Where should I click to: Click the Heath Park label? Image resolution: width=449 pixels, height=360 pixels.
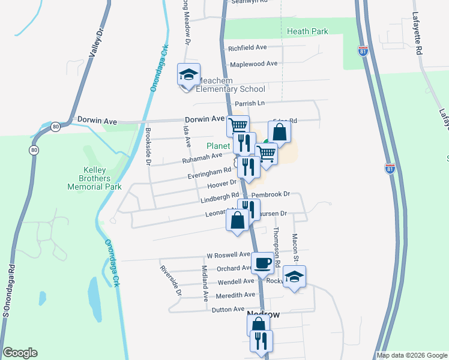pos(307,31)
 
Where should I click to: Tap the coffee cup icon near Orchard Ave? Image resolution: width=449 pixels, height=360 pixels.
pos(262,263)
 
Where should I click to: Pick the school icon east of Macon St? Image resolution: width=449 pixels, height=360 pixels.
pos(294,277)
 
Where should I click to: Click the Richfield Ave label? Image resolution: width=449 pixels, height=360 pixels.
pos(247,47)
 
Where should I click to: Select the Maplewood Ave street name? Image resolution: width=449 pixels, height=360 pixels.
pos(253,63)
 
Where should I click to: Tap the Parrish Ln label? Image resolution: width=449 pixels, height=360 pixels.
pos(250,103)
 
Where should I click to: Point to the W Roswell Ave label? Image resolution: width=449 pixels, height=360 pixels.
pos(229,255)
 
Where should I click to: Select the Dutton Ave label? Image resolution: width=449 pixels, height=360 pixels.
pos(228,310)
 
